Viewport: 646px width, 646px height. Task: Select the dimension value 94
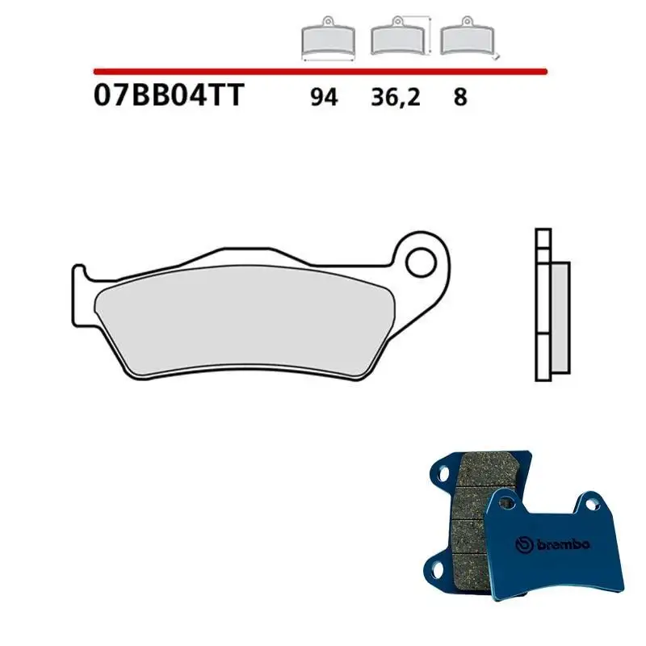[x=324, y=98]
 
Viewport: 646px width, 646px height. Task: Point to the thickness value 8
[x=459, y=98]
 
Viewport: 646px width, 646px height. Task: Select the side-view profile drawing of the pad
[x=551, y=306]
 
